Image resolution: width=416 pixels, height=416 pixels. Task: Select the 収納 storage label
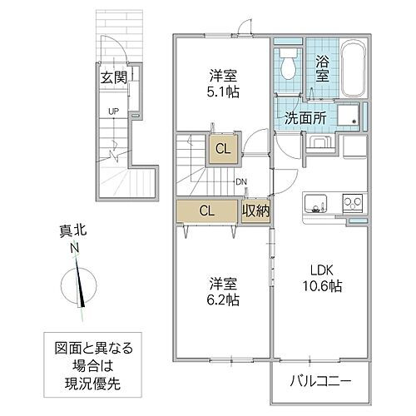coord(255,210)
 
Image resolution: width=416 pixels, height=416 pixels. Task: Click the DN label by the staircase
coord(240,182)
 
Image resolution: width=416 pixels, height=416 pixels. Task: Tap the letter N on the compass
coord(76,249)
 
